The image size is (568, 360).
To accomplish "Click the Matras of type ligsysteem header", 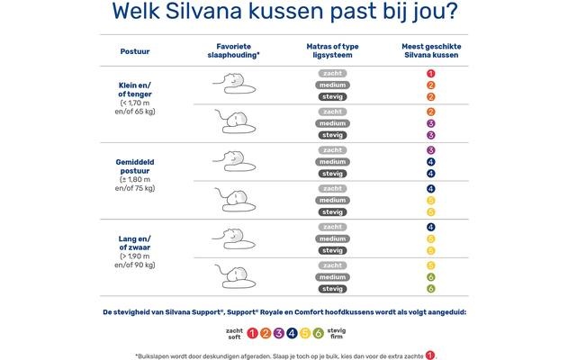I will [331, 49].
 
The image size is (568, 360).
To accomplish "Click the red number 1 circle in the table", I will [431, 73].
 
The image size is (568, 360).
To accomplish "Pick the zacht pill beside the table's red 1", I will [332, 73].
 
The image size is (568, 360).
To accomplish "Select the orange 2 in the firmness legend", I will [266, 333].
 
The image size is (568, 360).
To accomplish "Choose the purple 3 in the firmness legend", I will [279, 333].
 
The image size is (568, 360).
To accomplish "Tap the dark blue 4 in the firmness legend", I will [293, 333].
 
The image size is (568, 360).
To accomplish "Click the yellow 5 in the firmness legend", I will [305, 333].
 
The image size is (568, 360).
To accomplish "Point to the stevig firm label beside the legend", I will [338, 333].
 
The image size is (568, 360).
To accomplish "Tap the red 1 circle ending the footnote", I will [430, 354].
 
